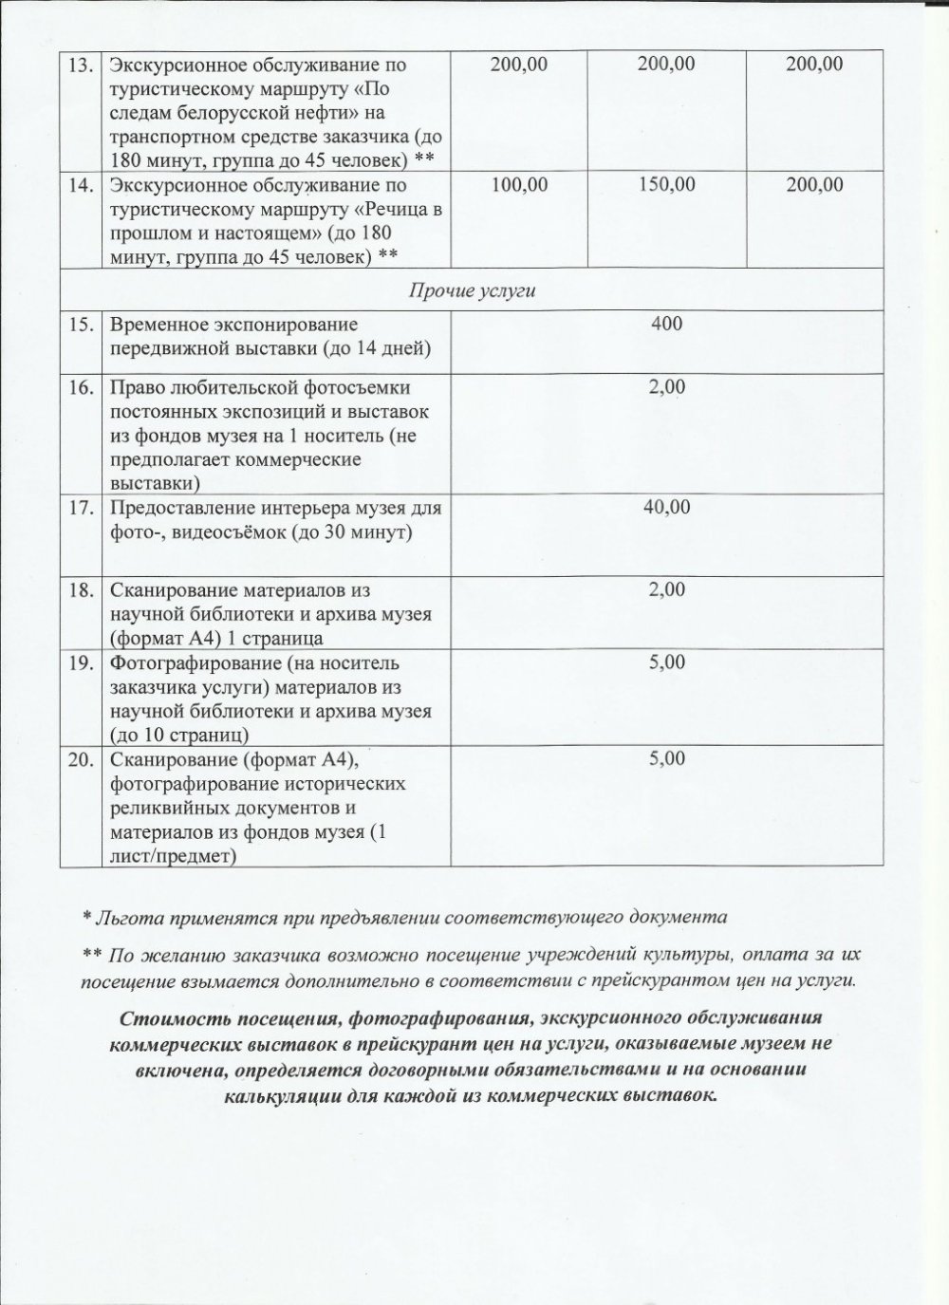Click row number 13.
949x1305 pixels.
point(79,65)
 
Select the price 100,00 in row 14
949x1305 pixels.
point(519,185)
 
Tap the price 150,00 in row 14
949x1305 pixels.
point(666,185)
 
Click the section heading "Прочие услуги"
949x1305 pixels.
point(472,290)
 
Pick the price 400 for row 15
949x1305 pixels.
point(666,325)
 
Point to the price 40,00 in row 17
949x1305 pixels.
point(666,507)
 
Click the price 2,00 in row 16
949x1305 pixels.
point(666,388)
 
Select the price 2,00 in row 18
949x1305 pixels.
point(666,589)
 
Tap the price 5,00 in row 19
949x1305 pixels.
point(666,662)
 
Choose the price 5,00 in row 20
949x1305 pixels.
point(666,759)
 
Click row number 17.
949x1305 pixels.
point(79,508)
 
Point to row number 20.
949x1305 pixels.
point(79,760)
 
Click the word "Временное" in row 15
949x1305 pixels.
point(153,326)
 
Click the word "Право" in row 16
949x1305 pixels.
point(135,388)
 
